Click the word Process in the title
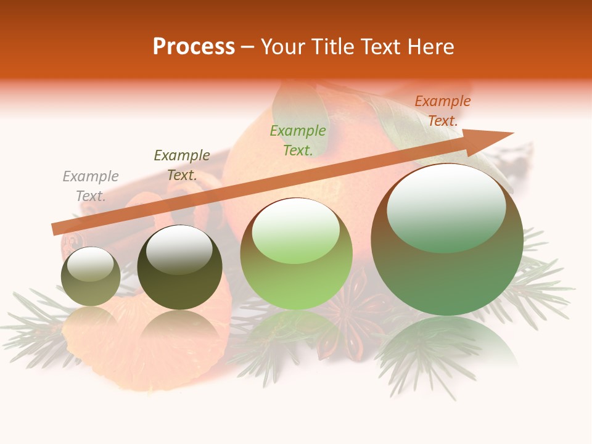point(194,47)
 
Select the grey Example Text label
point(91,186)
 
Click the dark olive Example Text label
point(182,165)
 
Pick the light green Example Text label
point(298,141)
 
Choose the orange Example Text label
point(442,111)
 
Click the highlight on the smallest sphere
point(90,263)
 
